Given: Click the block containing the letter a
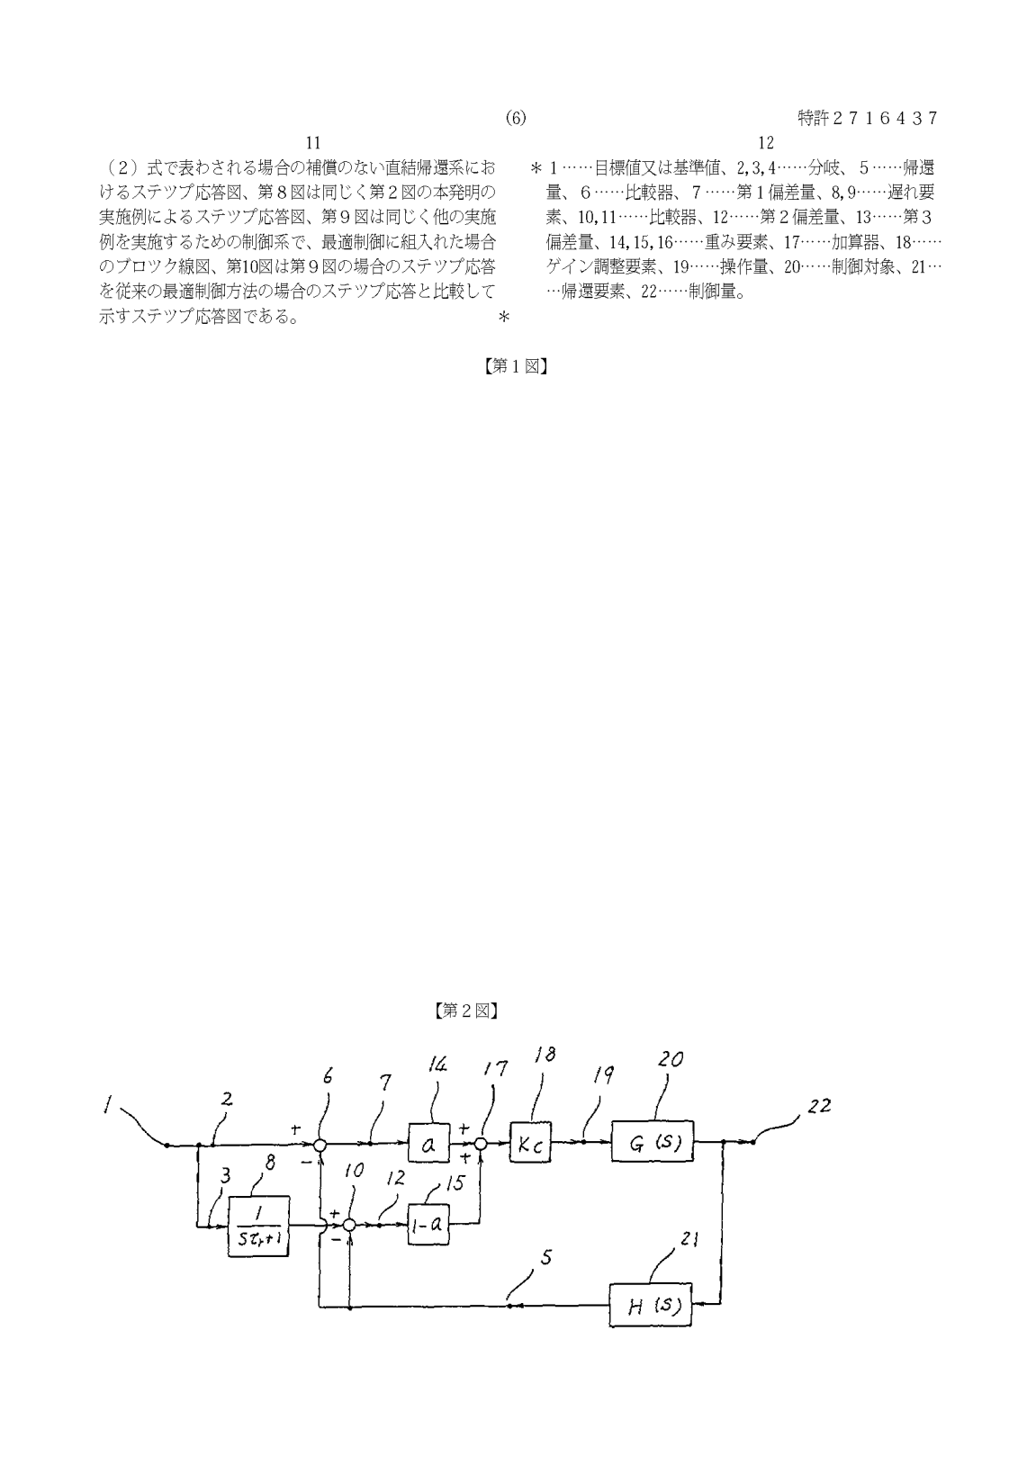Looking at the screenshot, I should point(429,1144).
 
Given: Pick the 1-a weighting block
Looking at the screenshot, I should point(428,1224).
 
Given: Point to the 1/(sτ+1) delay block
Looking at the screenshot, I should point(259,1225).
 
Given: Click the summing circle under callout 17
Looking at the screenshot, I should point(481,1144).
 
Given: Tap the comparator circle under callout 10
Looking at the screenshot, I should point(350,1225).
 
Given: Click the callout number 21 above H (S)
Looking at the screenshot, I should point(689,1240).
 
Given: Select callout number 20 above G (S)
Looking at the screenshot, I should point(671,1061).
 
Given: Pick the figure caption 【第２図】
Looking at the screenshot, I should point(465,1011).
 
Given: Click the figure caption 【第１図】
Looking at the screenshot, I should point(517,366).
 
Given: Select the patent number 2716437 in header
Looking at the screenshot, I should point(868,118).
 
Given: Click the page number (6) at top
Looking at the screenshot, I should point(516,118).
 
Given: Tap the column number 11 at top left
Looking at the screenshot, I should point(313,143).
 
